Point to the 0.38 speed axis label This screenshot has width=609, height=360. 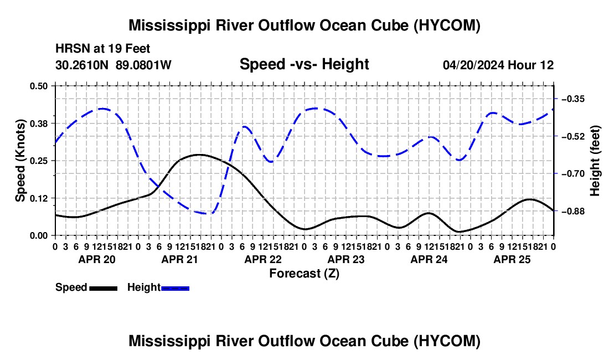pos(38,124)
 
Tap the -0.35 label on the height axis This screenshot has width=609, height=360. pos(573,99)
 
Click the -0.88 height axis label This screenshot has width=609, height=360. pos(573,211)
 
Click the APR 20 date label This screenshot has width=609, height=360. pos(97,259)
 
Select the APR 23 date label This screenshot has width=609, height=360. pos(346,259)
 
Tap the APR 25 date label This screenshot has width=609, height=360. pos(512,259)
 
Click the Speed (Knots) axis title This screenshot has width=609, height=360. pos(20,161)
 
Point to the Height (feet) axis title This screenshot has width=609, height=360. pos(595,161)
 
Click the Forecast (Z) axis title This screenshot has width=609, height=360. pos(304,274)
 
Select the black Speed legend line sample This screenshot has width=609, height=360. pos(104,289)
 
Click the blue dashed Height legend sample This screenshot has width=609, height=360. pos(175,289)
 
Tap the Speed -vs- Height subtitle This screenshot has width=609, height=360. pos(304,64)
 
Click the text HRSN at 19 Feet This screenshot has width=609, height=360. pos(102,49)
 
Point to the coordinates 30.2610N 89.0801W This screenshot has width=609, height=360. pos(113,65)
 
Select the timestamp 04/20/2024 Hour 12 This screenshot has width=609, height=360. pos(498,65)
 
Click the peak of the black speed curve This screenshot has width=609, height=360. pos(199,155)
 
